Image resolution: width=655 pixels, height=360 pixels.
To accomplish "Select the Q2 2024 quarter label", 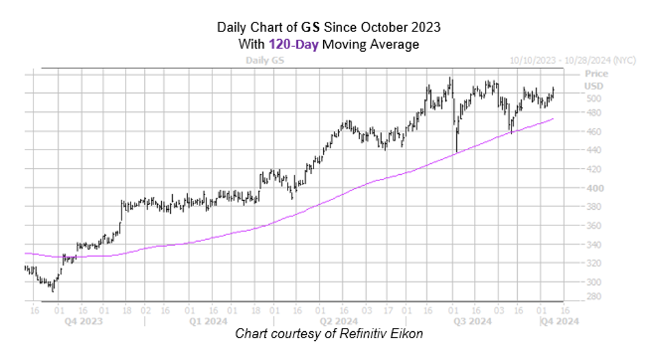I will point(339,320).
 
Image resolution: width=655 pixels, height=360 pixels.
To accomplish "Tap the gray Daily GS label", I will point(264,60).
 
